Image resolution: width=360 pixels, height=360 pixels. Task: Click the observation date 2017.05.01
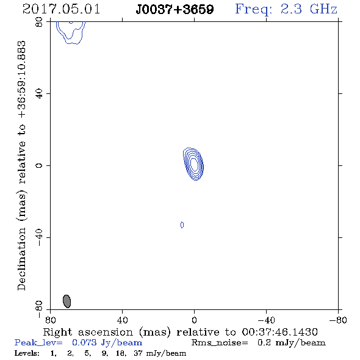61,9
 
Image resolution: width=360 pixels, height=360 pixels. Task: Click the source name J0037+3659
175,10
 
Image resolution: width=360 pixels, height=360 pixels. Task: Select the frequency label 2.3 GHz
309,9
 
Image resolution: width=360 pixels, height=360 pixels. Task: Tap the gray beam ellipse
67,301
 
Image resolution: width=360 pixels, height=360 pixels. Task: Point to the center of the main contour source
194,164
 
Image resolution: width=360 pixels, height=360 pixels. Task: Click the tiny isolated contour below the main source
182,225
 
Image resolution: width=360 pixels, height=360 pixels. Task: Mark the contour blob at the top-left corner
71,32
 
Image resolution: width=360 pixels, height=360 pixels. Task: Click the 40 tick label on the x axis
122,320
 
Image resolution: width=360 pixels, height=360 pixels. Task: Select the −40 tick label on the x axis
266,320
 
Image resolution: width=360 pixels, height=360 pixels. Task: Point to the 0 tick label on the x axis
194,320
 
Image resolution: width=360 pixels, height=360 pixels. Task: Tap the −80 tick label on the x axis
338,320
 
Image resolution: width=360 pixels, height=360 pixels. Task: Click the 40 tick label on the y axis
39,94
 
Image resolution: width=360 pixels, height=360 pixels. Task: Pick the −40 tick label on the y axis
39,237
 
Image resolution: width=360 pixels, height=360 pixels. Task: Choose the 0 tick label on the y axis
39,165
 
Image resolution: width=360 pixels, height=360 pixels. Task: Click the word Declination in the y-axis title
21,259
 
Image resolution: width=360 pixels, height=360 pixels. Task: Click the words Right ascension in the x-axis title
88,332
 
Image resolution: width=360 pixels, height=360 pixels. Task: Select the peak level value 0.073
84,342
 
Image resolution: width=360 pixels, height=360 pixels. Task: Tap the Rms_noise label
220,343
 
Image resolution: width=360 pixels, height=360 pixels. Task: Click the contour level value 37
138,353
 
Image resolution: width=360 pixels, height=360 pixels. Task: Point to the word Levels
27,353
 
